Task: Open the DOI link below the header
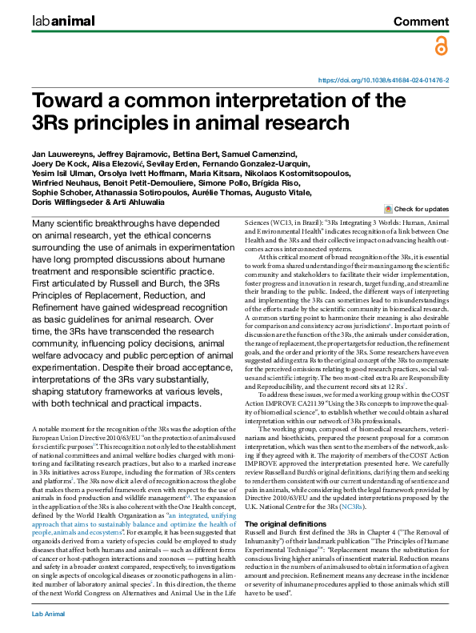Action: click(x=383, y=81)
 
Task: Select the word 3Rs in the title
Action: click(x=54, y=123)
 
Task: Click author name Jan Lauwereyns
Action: click(x=61, y=152)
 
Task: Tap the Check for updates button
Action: click(x=417, y=207)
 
